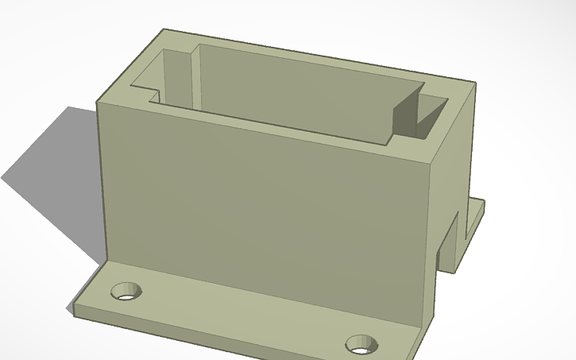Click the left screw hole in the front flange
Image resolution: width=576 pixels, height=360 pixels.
pos(126,292)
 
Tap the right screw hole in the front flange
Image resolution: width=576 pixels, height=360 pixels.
pos(361,344)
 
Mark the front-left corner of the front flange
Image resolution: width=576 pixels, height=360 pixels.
pos(74,310)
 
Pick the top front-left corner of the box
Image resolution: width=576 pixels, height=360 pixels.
pos(98,102)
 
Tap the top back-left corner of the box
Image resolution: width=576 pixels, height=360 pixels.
pos(164,30)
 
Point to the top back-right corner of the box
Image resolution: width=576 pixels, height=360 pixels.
pos(474,83)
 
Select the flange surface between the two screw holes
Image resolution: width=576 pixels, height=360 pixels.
pos(238,314)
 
